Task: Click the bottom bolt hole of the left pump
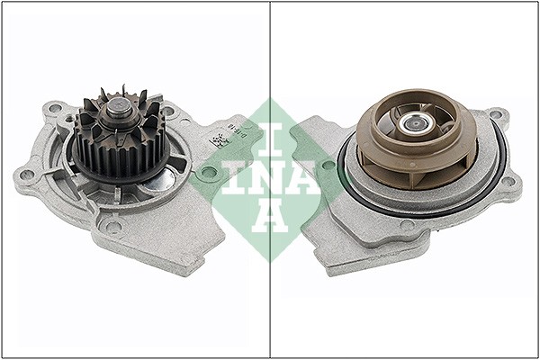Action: click(x=112, y=226)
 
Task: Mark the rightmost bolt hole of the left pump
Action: click(x=210, y=171)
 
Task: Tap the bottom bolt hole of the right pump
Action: click(x=407, y=226)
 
